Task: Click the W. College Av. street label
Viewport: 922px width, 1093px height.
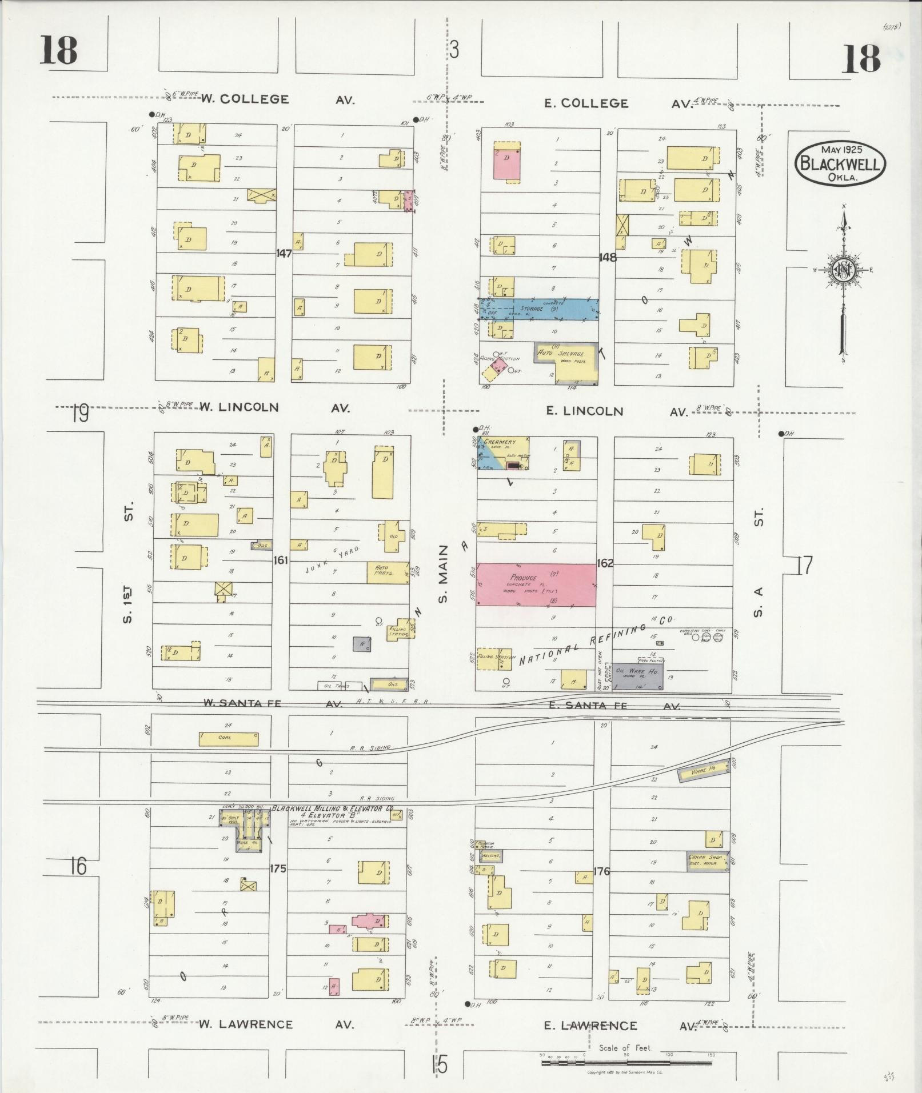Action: click(x=277, y=99)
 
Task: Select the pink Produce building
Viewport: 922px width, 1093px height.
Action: click(x=536, y=584)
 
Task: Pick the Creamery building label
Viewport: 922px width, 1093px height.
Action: click(x=500, y=442)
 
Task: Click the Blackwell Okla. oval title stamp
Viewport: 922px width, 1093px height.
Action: click(x=840, y=163)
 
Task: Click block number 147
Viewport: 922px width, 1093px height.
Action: click(x=284, y=253)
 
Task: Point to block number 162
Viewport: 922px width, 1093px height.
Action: click(x=605, y=563)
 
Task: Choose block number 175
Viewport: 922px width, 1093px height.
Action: click(x=278, y=868)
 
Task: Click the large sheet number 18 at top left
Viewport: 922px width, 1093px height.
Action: click(x=58, y=50)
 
